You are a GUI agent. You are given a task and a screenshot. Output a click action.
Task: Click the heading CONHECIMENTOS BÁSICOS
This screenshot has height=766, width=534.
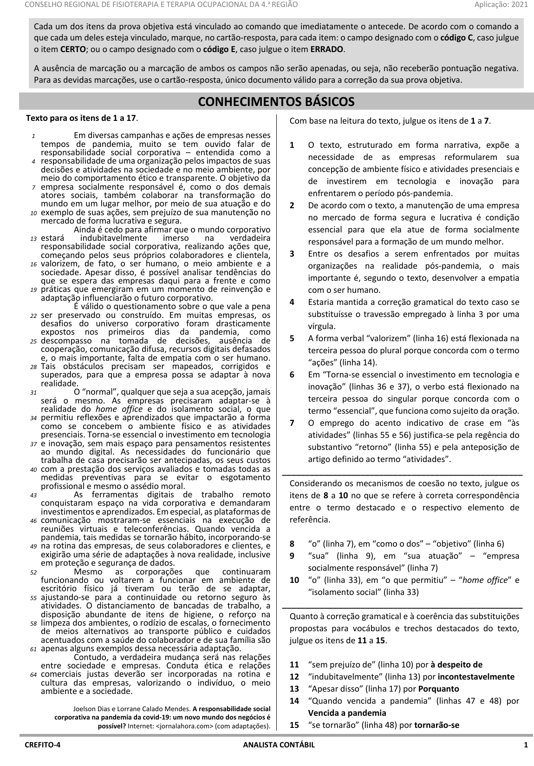click(x=276, y=101)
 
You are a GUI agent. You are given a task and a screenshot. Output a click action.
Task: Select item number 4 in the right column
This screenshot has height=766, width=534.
click(x=292, y=302)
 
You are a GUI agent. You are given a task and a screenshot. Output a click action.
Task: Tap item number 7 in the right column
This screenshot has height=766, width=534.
click(x=292, y=423)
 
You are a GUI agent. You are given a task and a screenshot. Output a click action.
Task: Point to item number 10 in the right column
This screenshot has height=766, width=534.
click(x=294, y=580)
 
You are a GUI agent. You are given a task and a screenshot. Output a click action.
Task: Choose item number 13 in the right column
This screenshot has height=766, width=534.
click(x=294, y=689)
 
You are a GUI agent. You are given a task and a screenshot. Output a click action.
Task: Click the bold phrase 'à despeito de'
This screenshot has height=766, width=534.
click(x=456, y=665)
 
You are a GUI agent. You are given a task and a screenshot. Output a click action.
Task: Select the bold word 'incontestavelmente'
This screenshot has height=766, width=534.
click(x=476, y=677)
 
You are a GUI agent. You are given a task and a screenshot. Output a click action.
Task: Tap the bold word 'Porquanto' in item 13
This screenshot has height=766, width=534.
click(x=438, y=689)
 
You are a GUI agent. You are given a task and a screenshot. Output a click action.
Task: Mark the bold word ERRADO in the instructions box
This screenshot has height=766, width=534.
click(x=326, y=49)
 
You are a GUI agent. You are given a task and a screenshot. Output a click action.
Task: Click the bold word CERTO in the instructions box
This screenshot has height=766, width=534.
click(x=73, y=49)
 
